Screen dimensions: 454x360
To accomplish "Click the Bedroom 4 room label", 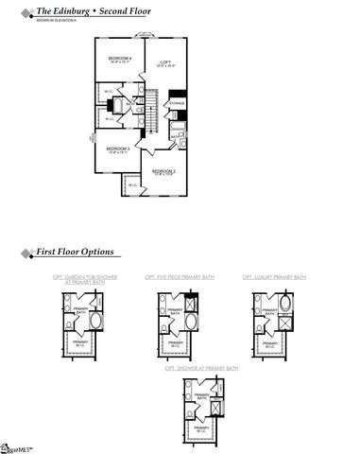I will click(120, 61).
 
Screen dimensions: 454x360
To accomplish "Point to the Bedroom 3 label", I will click(117, 149).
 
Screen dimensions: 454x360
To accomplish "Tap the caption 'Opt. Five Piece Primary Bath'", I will click(180, 276).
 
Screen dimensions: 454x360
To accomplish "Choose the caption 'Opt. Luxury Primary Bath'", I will click(275, 276).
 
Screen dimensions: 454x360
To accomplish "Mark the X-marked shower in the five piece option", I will click(193, 305).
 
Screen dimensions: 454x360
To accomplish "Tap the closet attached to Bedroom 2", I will click(130, 184).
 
